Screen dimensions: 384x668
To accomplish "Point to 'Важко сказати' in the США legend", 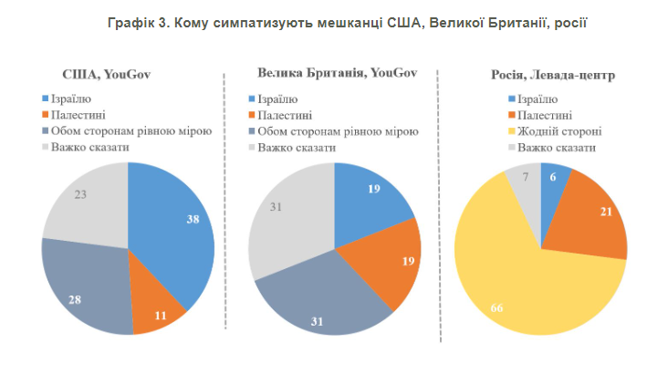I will [89, 147].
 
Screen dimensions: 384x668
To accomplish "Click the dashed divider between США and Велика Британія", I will [224, 210].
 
